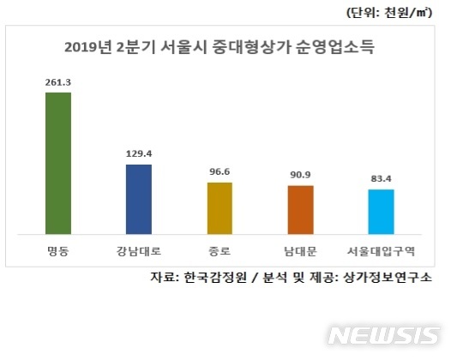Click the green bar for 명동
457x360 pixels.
pyautogui.click(x=57, y=163)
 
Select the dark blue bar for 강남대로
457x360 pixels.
pyautogui.click(x=138, y=199)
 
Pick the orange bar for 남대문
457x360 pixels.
pyautogui.click(x=300, y=209)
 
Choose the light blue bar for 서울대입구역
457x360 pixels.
pyautogui.click(x=381, y=211)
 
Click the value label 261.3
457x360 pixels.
pyautogui.click(x=57, y=83)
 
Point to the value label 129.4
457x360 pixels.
pyautogui.click(x=138, y=155)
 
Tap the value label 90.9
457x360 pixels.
pyautogui.click(x=300, y=176)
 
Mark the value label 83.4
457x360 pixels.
pyautogui.click(x=381, y=180)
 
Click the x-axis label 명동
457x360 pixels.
pyautogui.click(x=57, y=252)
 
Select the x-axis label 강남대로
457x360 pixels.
pyautogui.click(x=138, y=252)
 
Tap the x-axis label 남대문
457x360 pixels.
pyautogui.click(x=300, y=252)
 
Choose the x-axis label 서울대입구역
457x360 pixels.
pyautogui.click(x=381, y=252)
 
